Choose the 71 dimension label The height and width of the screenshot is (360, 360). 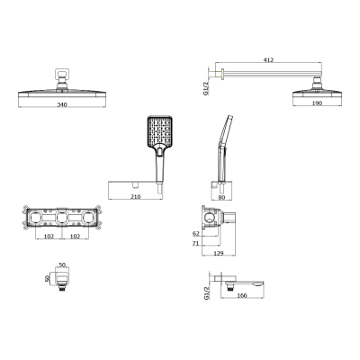coord(196,242)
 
